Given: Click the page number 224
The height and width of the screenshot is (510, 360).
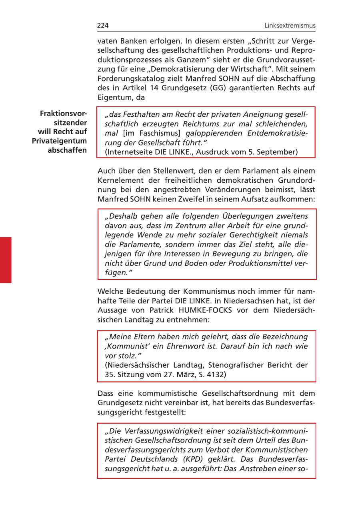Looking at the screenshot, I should tap(103, 26).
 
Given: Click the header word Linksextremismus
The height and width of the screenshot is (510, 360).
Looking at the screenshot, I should tap(290, 26).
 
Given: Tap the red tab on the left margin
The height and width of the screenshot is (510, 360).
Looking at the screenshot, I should tap(6, 260).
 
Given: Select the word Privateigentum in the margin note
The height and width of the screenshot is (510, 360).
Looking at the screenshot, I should tap(60, 141).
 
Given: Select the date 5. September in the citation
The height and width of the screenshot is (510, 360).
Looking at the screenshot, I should tap(274, 152).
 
